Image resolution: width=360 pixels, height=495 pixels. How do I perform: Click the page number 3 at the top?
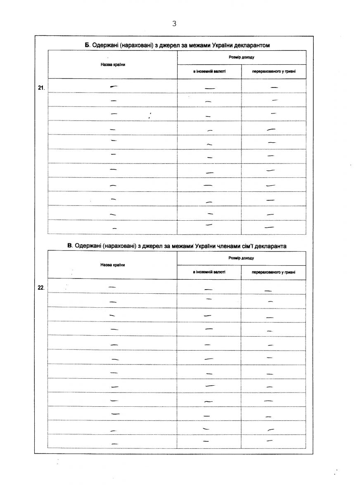pos(174,24)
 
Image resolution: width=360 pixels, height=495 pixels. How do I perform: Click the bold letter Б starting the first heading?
pos(87,45)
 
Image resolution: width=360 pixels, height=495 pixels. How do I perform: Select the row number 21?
pos(41,87)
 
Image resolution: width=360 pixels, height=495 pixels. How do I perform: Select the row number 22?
pos(41,288)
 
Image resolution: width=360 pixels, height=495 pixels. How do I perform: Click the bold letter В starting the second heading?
pos(70,246)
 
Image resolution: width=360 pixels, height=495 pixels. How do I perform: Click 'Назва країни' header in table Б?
pos(112,64)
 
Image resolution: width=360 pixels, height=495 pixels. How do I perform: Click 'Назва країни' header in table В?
pos(112,265)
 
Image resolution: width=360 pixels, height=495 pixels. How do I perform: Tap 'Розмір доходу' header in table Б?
pos(242,57)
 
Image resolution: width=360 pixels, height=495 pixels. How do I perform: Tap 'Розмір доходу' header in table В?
pos(242,258)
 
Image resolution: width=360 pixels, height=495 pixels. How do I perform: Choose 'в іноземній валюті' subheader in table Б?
pos(209,72)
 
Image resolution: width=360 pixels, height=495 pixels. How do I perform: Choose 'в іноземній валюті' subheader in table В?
pos(209,272)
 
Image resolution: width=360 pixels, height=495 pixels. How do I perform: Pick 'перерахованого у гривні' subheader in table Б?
pos(274,72)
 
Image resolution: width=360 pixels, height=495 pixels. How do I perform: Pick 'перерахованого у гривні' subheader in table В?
pos(274,272)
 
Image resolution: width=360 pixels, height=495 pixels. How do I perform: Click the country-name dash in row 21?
pos(113,86)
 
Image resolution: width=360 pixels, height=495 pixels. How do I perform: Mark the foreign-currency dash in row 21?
pos(210,88)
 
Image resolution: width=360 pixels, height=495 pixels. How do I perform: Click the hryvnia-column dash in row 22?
pos(268,291)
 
